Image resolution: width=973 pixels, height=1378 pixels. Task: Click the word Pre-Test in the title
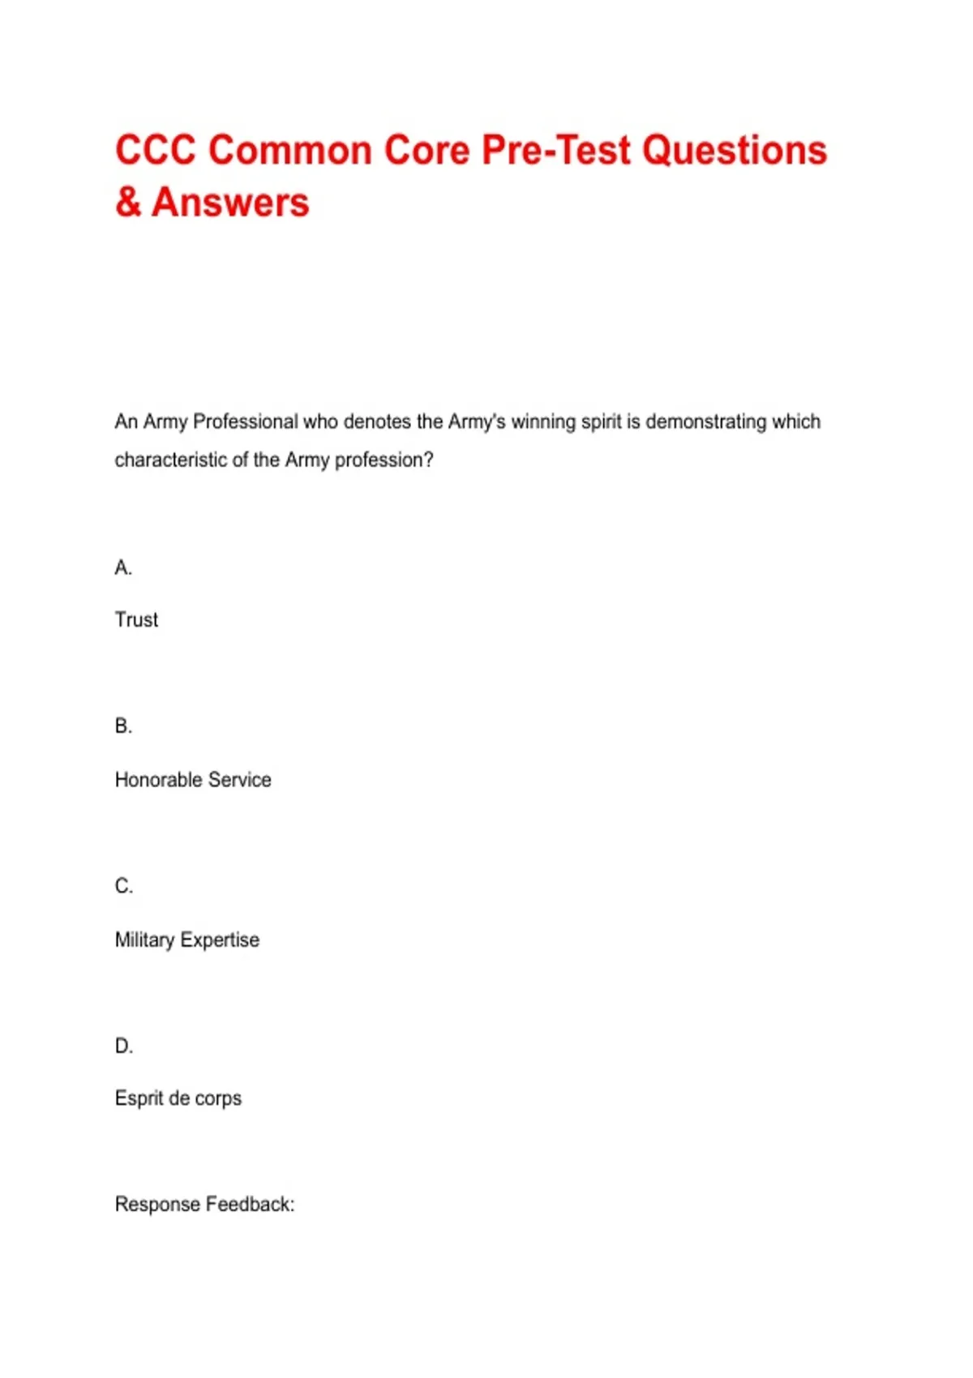[x=555, y=151]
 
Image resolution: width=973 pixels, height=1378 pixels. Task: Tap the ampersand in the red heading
[x=128, y=202]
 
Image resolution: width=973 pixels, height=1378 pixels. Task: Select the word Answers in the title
[x=230, y=202]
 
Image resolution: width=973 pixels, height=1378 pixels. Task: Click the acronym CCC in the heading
[x=155, y=151]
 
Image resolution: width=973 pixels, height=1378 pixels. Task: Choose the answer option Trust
[x=136, y=620]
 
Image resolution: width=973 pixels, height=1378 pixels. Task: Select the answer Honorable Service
[x=193, y=780]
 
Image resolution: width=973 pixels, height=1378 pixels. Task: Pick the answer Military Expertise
[x=187, y=939]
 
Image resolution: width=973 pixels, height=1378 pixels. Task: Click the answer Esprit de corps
[x=178, y=1098]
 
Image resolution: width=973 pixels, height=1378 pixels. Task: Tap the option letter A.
[x=123, y=567]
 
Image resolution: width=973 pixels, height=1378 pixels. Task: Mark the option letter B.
[x=123, y=726]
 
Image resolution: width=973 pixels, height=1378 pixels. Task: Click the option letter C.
[x=123, y=886]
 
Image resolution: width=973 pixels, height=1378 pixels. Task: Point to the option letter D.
[x=123, y=1046]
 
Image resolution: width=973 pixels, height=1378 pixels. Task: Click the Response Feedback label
[x=204, y=1205]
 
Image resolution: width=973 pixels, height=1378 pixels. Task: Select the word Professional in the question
[x=246, y=422]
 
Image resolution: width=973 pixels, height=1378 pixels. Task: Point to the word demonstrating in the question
[x=705, y=422]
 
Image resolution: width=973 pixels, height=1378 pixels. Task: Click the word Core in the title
[x=427, y=151]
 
